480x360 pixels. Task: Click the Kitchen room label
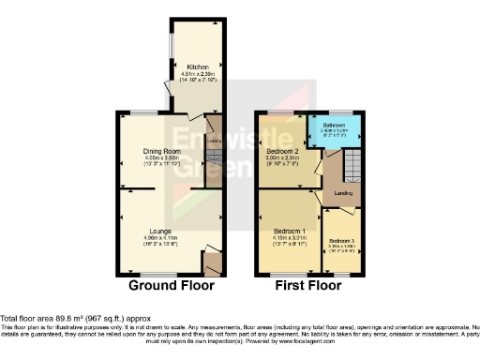coord(198,67)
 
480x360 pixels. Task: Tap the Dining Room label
coord(161,150)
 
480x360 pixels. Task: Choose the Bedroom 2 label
coord(283,151)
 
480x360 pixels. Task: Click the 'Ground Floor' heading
coord(171,285)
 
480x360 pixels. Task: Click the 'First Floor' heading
coord(306,285)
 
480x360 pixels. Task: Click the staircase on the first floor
coord(350,169)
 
